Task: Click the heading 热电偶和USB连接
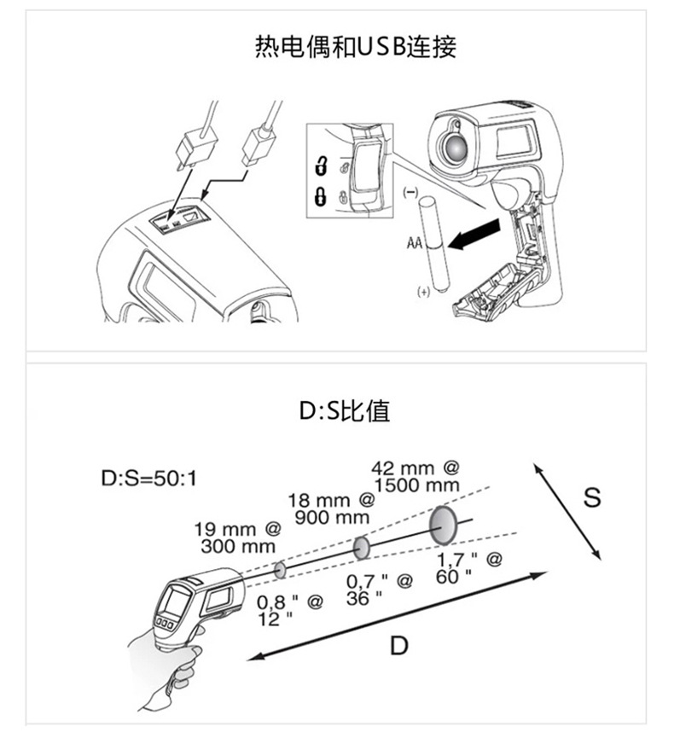click(357, 45)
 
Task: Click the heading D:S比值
click(344, 411)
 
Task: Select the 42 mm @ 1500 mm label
click(416, 476)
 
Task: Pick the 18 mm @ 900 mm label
click(333, 508)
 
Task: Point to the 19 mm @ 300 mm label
click(240, 537)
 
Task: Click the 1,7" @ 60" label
click(468, 567)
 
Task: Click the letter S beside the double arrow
click(592, 497)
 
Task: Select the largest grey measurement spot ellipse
click(443, 524)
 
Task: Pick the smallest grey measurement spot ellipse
click(280, 568)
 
